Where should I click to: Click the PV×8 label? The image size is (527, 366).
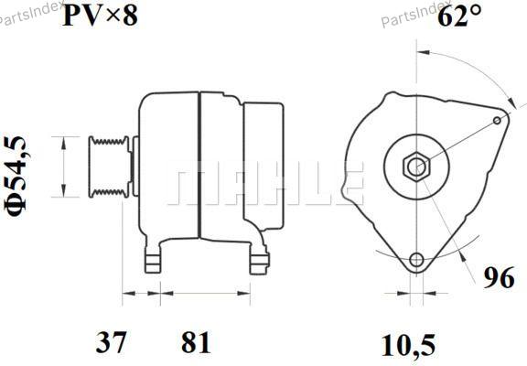click(100, 16)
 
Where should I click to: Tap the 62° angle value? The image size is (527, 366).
click(459, 16)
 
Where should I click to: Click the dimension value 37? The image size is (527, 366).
click(111, 342)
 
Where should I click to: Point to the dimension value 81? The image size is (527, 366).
click(195, 342)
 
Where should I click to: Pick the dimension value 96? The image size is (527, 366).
click(499, 277)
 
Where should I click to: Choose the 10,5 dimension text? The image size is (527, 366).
click(408, 345)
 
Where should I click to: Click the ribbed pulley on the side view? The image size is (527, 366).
click(108, 167)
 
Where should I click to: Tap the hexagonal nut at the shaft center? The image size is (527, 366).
click(416, 167)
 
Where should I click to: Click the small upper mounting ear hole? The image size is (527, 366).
click(497, 120)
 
